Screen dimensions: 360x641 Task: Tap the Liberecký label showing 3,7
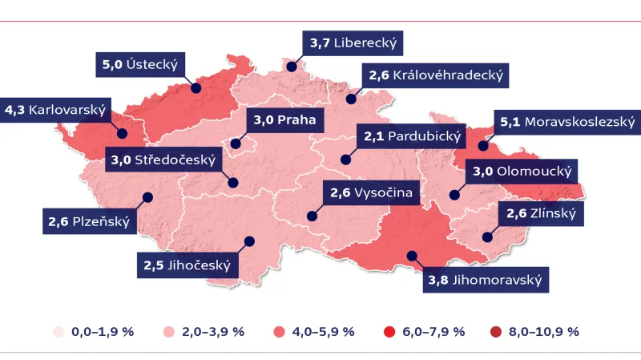(353, 42)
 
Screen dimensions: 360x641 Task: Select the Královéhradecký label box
(436, 76)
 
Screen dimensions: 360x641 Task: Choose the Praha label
(284, 121)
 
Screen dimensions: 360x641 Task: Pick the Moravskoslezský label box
(566, 122)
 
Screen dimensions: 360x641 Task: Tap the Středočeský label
(163, 160)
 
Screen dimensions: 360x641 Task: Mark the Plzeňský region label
(87, 221)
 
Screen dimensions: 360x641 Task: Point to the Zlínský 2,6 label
(541, 213)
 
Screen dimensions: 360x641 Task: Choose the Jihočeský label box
(187, 265)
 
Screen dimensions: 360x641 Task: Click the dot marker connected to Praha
(236, 144)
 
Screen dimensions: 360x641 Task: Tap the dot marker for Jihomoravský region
(412, 256)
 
